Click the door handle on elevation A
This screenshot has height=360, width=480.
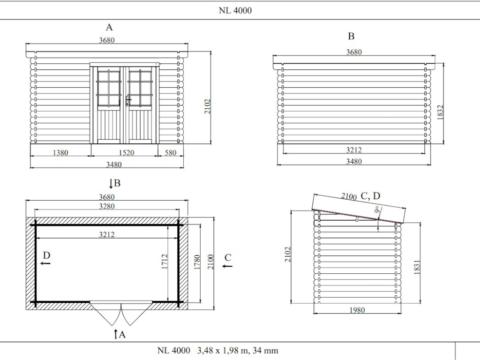coord(128,100)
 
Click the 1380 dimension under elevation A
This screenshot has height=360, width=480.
coord(60,152)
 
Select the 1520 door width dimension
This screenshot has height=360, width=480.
coord(126,152)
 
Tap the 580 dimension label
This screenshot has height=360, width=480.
coord(171,152)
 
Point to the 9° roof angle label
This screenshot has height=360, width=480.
coord(378,210)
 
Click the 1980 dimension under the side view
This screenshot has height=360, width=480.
coord(357,310)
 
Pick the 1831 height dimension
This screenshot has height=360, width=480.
coord(417,267)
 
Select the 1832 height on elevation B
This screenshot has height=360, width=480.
coord(440,112)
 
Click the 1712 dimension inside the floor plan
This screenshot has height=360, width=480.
coord(165,262)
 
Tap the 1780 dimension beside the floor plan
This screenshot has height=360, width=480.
coord(197,262)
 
